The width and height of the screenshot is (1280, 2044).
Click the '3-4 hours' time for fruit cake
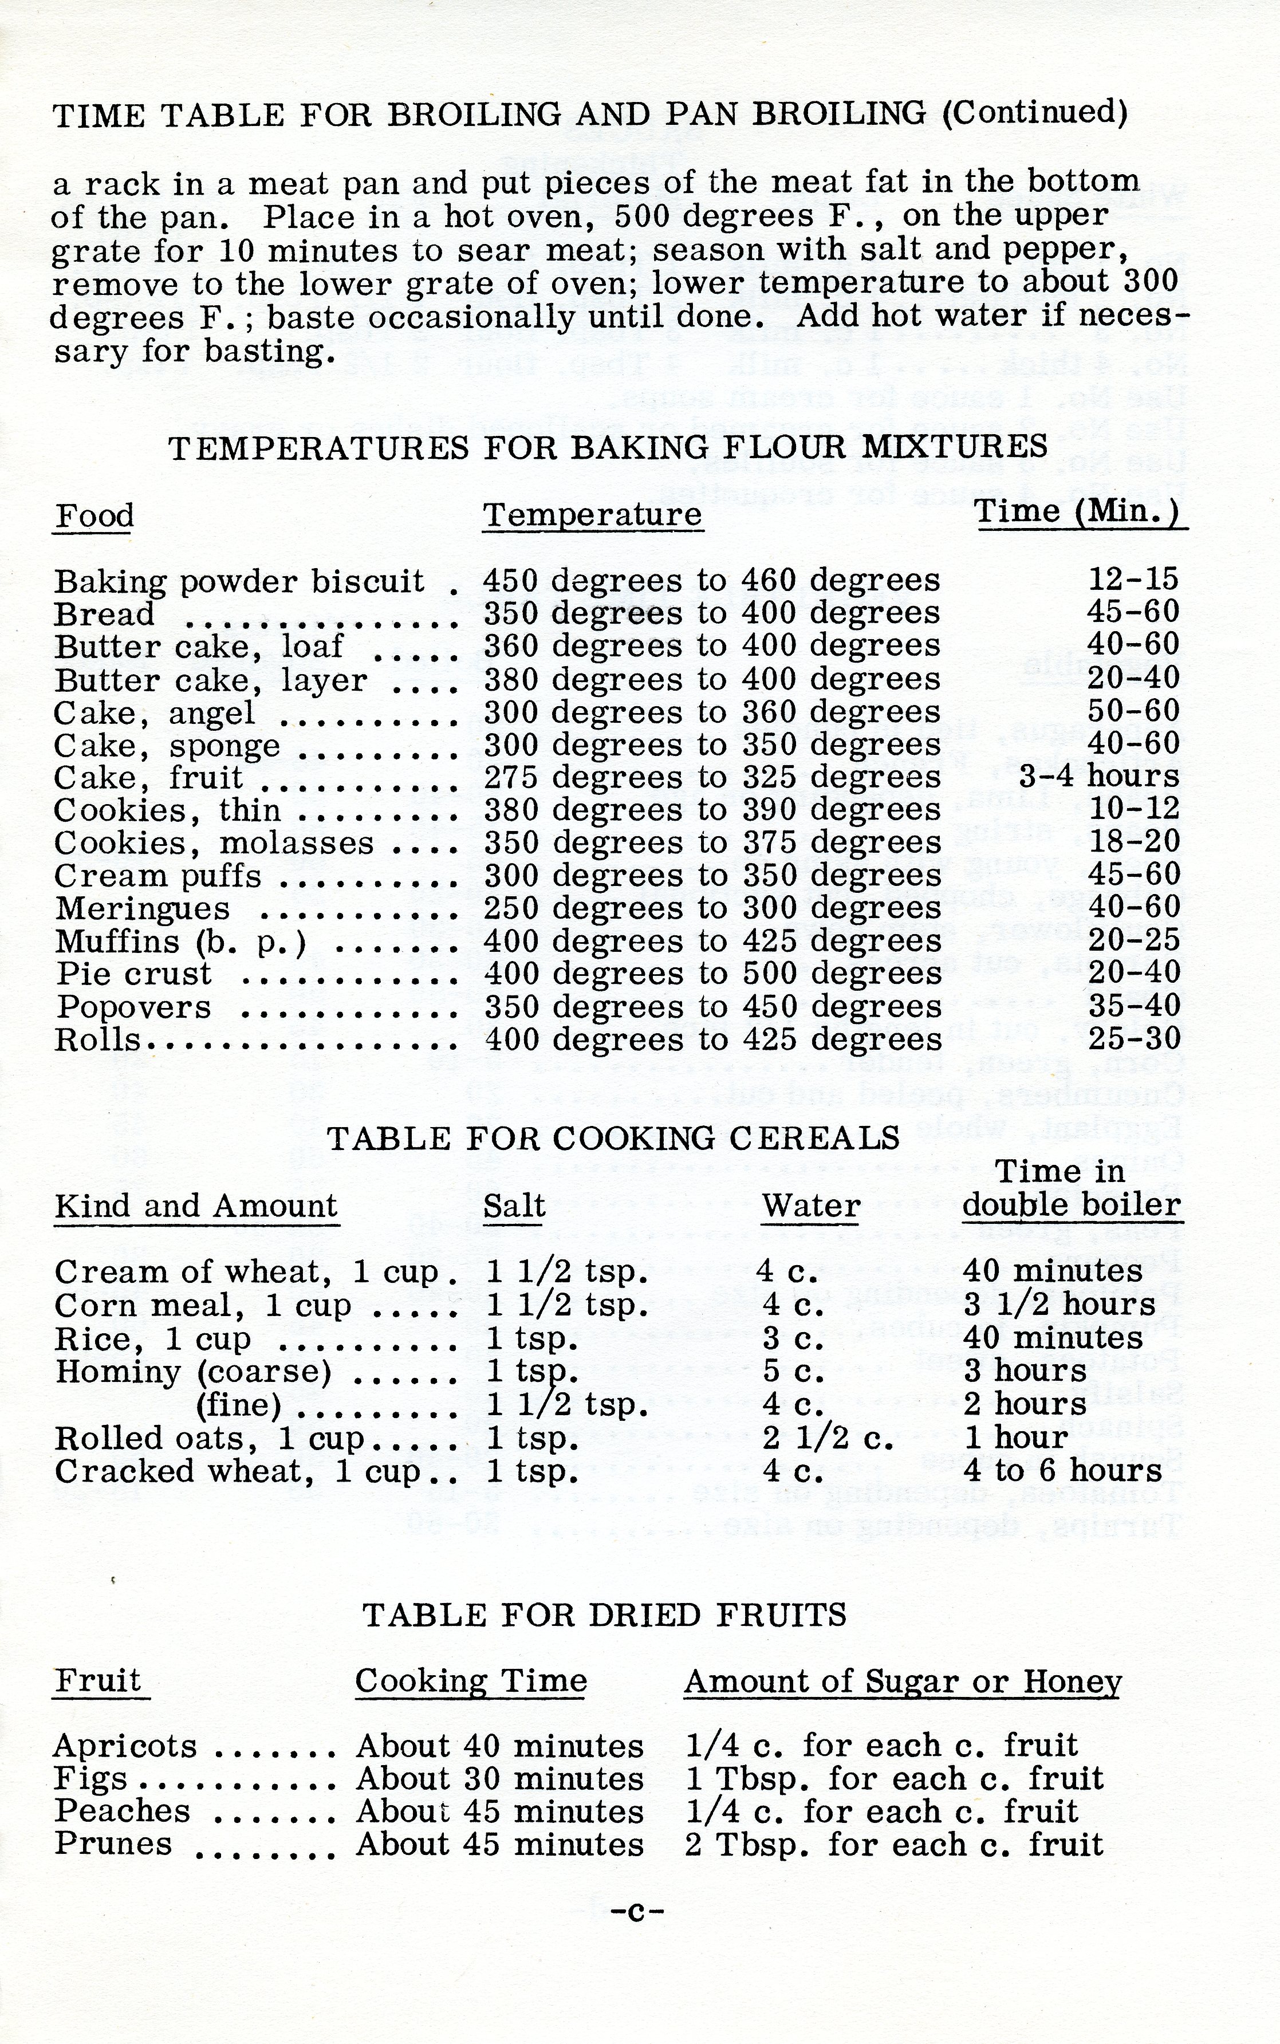[1099, 776]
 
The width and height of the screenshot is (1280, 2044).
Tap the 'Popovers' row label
[134, 1007]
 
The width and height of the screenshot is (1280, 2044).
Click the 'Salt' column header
[514, 1205]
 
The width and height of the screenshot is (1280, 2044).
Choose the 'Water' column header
[810, 1205]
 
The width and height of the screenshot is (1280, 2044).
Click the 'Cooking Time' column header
[471, 1681]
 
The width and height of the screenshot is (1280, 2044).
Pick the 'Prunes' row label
[113, 1844]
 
